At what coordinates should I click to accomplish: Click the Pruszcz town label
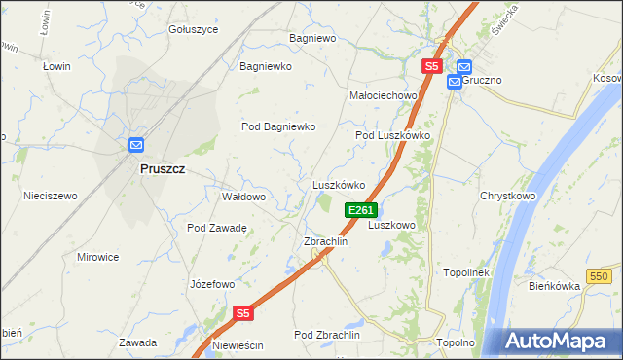[x=163, y=168]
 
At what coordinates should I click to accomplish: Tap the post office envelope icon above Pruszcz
[x=136, y=146]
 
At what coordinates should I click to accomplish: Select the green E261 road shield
[x=360, y=210]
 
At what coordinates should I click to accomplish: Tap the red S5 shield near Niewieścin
[x=243, y=313]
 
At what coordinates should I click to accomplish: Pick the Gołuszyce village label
[x=194, y=29]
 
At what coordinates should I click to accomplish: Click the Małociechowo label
[x=383, y=95]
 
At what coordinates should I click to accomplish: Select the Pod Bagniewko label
[x=279, y=126]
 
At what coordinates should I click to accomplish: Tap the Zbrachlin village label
[x=326, y=241]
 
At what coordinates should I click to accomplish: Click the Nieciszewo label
[x=51, y=196]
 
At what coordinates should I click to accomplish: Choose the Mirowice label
[x=97, y=257]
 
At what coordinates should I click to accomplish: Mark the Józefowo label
[x=212, y=284]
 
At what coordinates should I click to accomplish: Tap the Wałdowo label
[x=243, y=197]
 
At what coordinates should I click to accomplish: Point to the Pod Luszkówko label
[x=392, y=135]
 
